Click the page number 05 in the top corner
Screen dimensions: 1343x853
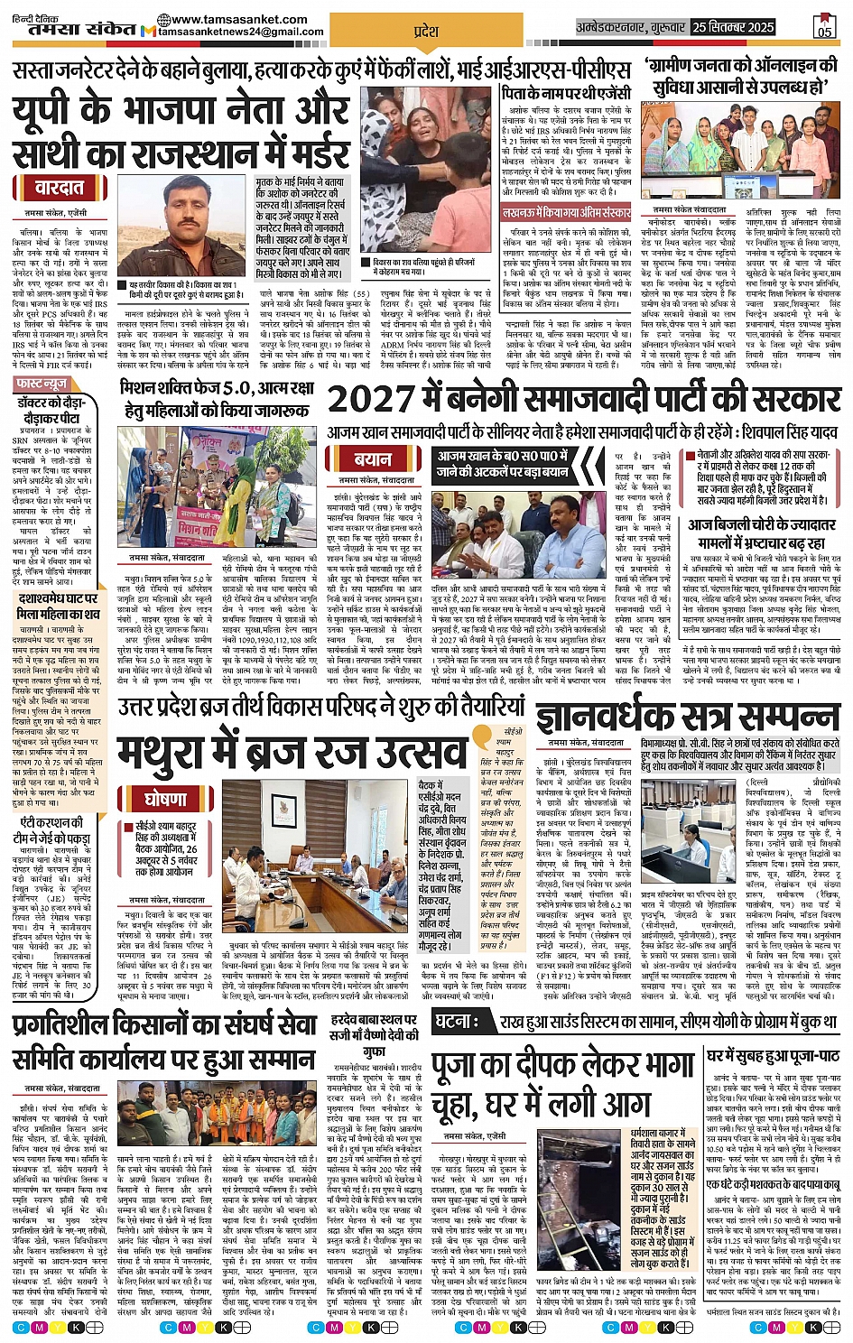[824, 27]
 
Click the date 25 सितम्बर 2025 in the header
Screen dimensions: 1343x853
[732, 27]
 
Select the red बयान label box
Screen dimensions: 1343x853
[372, 458]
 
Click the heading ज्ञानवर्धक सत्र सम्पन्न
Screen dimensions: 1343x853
[687, 718]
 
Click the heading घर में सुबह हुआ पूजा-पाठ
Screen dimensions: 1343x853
[773, 1055]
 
